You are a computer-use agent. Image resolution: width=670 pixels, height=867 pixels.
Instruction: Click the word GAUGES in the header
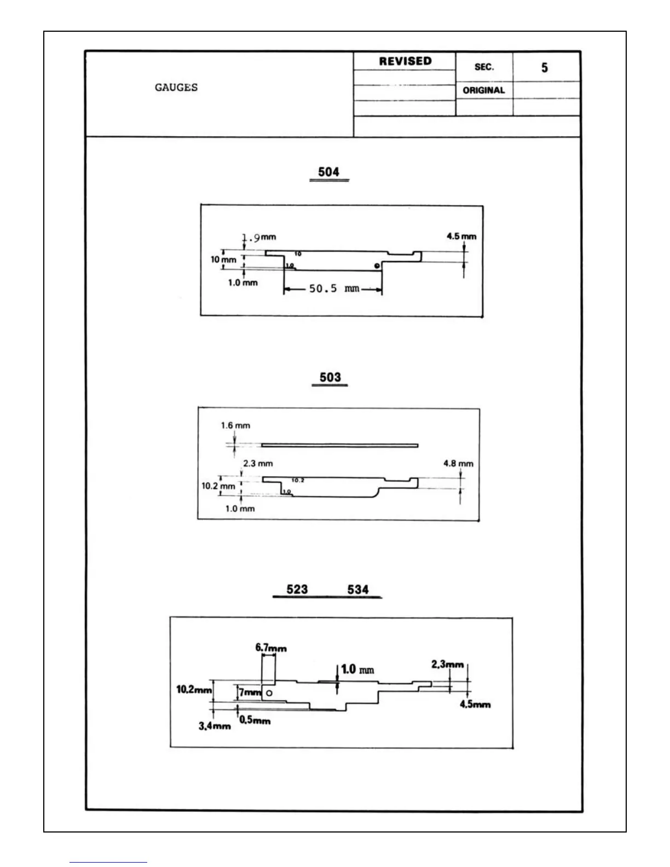(x=176, y=88)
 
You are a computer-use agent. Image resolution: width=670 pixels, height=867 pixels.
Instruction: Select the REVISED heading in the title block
(x=405, y=61)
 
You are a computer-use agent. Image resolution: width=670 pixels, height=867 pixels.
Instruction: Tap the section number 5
(x=544, y=68)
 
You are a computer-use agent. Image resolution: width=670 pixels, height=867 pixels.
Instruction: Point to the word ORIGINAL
(x=484, y=90)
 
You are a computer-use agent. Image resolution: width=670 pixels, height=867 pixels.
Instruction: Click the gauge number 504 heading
(x=328, y=172)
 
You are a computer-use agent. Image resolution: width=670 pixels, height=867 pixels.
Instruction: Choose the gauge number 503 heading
(x=330, y=377)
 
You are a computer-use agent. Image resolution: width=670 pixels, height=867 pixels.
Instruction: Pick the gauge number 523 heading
(x=297, y=589)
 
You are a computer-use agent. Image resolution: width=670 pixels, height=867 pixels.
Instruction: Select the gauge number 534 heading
(x=358, y=589)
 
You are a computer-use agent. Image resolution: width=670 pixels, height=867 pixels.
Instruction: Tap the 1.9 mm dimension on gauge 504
(x=258, y=238)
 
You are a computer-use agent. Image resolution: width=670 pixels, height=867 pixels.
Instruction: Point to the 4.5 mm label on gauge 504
(x=461, y=236)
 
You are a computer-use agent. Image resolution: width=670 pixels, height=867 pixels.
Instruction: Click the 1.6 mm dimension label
(x=235, y=425)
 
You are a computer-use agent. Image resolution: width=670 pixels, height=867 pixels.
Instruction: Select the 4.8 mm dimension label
(x=458, y=464)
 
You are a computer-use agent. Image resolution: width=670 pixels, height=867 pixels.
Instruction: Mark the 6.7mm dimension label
(x=271, y=648)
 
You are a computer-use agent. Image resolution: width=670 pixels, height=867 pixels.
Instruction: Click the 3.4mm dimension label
(x=215, y=726)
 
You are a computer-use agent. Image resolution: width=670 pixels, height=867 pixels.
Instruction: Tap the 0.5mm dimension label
(x=255, y=720)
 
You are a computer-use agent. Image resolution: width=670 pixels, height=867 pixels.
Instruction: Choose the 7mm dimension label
(x=250, y=692)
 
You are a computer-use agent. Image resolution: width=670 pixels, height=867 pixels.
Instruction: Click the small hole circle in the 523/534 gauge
(x=269, y=693)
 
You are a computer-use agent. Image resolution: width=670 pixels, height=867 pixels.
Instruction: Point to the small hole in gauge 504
(x=377, y=265)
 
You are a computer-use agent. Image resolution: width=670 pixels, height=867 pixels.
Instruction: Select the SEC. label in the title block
(x=484, y=67)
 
